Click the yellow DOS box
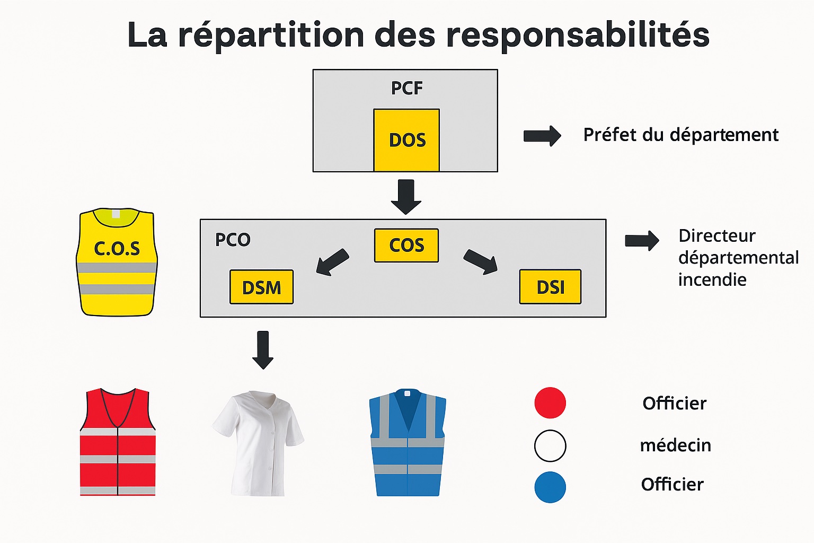click(x=406, y=140)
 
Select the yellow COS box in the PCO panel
click(x=406, y=245)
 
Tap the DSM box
click(x=261, y=287)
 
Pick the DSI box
click(x=550, y=287)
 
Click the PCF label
click(x=406, y=88)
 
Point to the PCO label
click(x=233, y=240)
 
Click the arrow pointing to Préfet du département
click(x=542, y=136)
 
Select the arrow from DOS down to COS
click(x=406, y=197)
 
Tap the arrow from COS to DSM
click(x=332, y=262)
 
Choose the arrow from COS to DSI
click(x=481, y=262)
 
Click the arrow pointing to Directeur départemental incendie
click(x=642, y=241)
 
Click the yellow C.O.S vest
click(x=117, y=262)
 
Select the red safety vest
click(x=118, y=443)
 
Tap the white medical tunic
click(x=258, y=443)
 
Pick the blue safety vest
click(x=407, y=443)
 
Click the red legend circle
click(x=550, y=403)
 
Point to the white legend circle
click(x=550, y=445)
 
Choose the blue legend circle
click(x=550, y=487)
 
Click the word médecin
click(x=675, y=445)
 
